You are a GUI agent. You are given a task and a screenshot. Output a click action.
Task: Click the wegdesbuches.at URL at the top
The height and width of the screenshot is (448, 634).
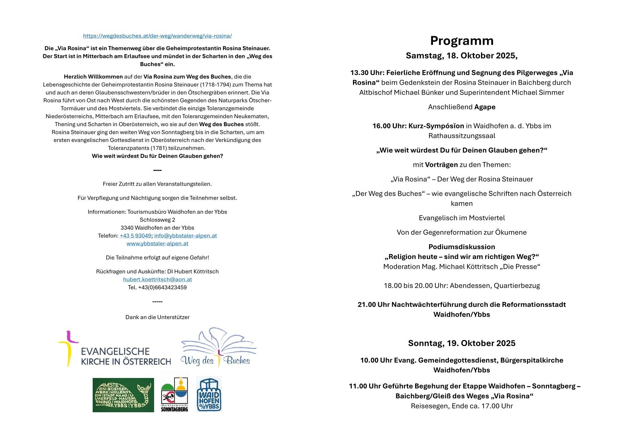[x=157, y=36]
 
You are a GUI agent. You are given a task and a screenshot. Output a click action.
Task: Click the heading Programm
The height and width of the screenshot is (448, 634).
[x=461, y=41]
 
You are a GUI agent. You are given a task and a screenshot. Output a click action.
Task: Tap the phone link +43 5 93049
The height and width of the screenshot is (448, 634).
[x=136, y=236]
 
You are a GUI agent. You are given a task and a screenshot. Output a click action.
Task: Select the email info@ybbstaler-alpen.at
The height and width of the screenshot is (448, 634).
[x=185, y=236]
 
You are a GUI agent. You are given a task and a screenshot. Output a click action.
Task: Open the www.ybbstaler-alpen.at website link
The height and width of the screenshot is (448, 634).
[x=157, y=244]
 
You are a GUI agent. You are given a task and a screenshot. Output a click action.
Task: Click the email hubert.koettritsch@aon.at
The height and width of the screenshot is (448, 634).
[x=157, y=279]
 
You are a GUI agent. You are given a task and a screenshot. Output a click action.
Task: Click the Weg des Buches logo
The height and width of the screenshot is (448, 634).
[x=218, y=347]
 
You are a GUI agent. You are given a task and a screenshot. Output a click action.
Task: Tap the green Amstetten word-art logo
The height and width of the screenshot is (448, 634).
[x=123, y=395]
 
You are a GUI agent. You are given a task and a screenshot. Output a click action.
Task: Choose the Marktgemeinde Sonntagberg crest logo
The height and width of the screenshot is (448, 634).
[x=174, y=393]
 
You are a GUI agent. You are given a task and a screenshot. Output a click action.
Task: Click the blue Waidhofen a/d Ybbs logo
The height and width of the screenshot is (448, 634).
[x=209, y=395]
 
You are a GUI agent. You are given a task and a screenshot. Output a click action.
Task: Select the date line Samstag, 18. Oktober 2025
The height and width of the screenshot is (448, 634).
[x=461, y=56]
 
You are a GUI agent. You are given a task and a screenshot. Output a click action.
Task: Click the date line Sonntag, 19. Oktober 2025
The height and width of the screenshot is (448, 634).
[x=461, y=343]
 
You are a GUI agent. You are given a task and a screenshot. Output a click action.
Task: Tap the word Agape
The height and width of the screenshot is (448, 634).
[x=484, y=107]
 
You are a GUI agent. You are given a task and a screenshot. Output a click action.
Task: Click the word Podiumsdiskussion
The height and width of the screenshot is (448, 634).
[x=461, y=247]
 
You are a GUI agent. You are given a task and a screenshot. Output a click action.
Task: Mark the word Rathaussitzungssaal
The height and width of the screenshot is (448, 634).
[x=461, y=136]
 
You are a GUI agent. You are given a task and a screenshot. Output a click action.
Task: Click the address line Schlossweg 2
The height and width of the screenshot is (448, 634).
[x=157, y=220]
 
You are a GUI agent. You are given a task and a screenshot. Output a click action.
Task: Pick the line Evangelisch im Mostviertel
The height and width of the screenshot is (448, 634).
[x=461, y=218]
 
